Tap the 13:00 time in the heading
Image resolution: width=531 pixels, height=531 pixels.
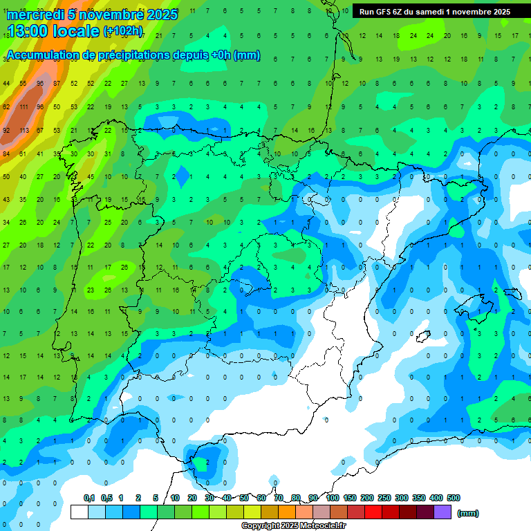[x=30, y=30]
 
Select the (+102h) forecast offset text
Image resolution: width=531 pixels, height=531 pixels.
[x=123, y=31]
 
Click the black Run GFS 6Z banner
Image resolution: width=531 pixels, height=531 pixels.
[x=435, y=11]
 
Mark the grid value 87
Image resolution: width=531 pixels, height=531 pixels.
[x=57, y=84]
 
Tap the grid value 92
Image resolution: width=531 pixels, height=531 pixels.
[x=6, y=130]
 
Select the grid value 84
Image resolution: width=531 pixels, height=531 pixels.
[x=6, y=153]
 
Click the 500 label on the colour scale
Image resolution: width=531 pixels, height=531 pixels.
[x=453, y=498]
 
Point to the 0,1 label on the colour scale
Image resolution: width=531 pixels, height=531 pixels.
[x=89, y=498]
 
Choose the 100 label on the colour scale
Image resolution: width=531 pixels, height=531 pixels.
[x=332, y=498]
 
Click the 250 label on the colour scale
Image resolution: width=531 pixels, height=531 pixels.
[x=384, y=498]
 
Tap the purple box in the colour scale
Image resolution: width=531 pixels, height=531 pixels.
[x=442, y=512]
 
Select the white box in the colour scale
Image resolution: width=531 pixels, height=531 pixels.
[x=80, y=512]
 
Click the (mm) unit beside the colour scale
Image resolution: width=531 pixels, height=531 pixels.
[x=468, y=513]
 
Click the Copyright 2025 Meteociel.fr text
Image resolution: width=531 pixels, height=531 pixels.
[x=293, y=526]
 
